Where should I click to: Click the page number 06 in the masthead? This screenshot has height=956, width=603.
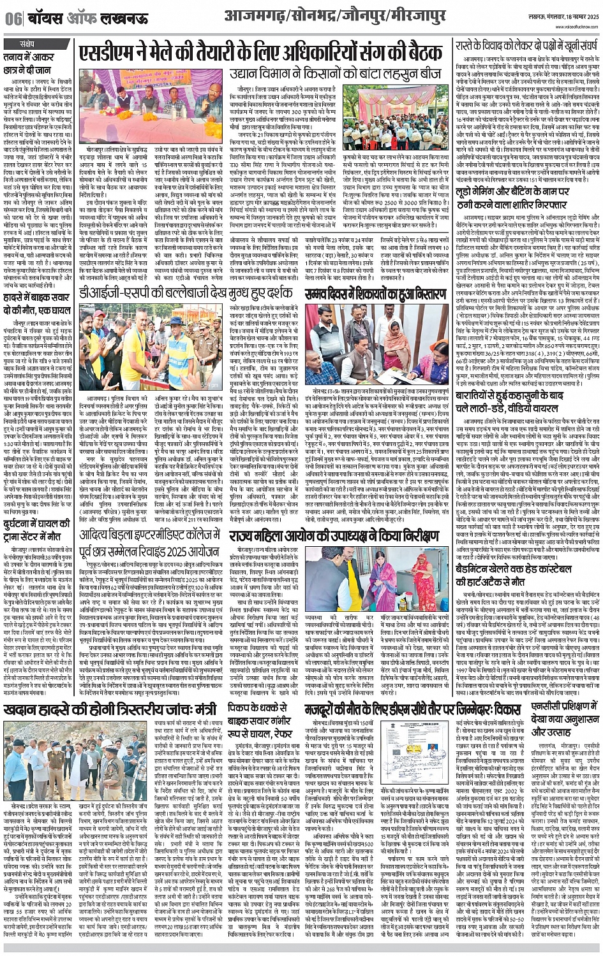[x=12, y=19]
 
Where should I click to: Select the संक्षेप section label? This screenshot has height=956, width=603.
[x=27, y=43]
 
